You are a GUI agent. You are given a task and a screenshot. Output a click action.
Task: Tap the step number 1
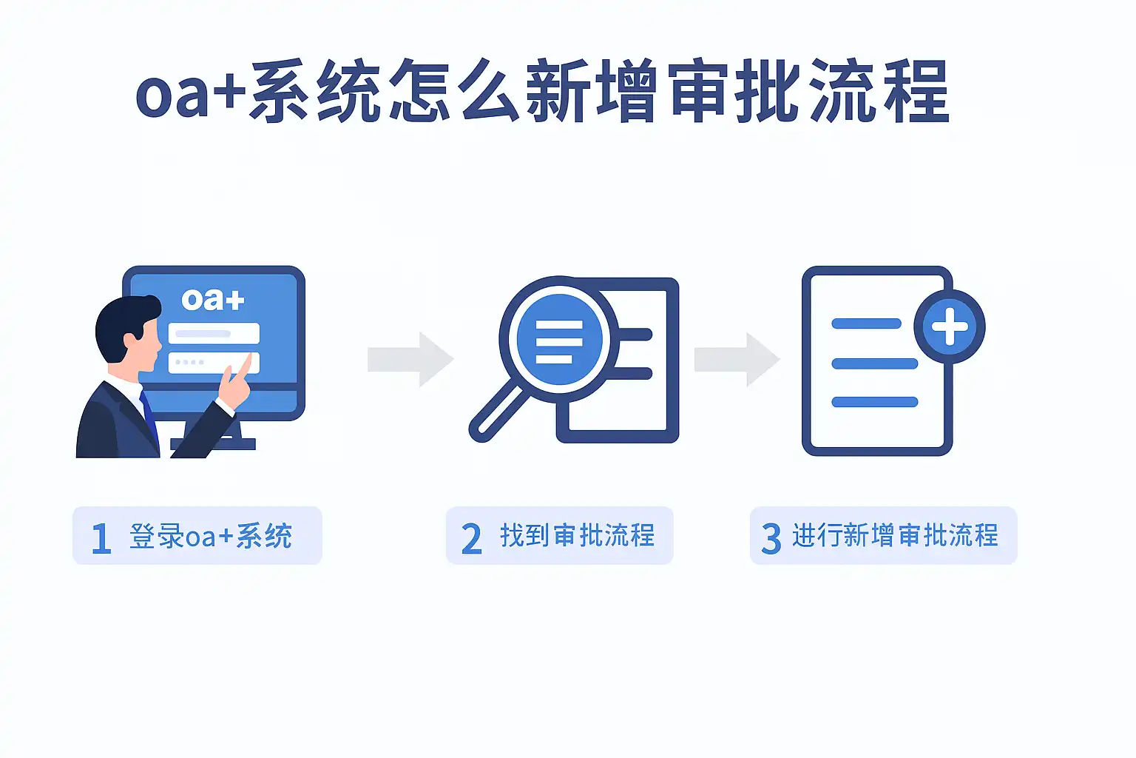pos(101,538)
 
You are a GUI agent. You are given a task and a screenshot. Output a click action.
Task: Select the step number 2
pos(471,538)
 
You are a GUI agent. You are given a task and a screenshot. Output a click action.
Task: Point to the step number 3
pos(771,538)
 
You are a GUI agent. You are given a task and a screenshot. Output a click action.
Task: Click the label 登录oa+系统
pos(211,536)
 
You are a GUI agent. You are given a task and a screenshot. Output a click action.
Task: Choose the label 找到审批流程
pos(577,535)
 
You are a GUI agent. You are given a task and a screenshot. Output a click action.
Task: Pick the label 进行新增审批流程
pos(895,535)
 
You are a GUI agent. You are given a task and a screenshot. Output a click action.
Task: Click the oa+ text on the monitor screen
pos(213,299)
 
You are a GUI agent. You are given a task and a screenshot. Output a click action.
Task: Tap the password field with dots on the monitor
pos(203,362)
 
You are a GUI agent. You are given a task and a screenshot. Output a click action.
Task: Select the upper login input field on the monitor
pos(214,333)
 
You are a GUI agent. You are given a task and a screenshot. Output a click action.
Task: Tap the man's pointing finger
pos(245,366)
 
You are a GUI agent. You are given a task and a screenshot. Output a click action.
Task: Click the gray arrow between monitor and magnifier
pos(410,360)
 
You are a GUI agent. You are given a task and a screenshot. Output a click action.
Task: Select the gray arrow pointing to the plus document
pos(737,360)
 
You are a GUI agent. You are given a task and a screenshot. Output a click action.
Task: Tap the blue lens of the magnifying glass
pos(559,340)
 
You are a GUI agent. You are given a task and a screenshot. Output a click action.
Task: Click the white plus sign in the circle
pos(950,327)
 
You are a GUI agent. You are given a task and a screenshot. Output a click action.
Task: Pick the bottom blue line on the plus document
pos(874,402)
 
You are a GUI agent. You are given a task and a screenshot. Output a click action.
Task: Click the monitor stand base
pos(214,444)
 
